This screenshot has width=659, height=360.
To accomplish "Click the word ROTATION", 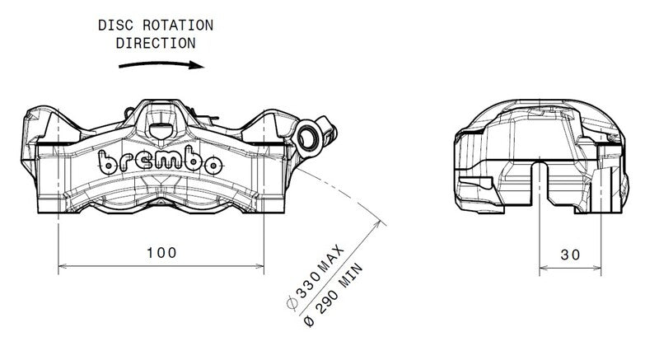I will [174, 25].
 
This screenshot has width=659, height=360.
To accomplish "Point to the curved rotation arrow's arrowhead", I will [195, 66].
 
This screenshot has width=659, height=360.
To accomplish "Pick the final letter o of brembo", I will [210, 165].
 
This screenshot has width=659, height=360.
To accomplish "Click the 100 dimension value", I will [161, 253].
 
